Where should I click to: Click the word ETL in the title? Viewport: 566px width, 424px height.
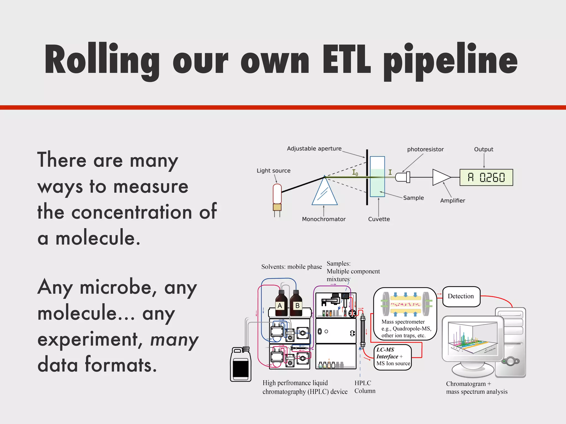tap(346, 59)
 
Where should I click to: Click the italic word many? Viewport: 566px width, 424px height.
tap(174, 340)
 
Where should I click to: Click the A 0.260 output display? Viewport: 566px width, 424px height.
tap(486, 177)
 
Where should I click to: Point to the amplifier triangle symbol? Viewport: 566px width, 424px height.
tap(441, 177)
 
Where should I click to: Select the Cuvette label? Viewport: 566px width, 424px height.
tap(379, 219)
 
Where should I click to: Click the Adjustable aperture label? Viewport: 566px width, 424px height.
tap(314, 149)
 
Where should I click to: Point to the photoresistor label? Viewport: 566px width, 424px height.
tap(425, 149)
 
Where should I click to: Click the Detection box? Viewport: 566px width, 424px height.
tap(461, 296)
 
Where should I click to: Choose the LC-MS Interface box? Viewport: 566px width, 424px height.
tap(393, 357)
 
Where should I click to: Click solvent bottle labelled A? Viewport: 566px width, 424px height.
tap(281, 304)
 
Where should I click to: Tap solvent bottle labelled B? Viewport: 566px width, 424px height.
tap(296, 304)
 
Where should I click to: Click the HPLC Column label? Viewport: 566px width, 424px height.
tap(365, 387)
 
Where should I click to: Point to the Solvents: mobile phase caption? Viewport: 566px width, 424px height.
tap(292, 267)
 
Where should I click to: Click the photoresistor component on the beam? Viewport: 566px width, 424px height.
tap(402, 177)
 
